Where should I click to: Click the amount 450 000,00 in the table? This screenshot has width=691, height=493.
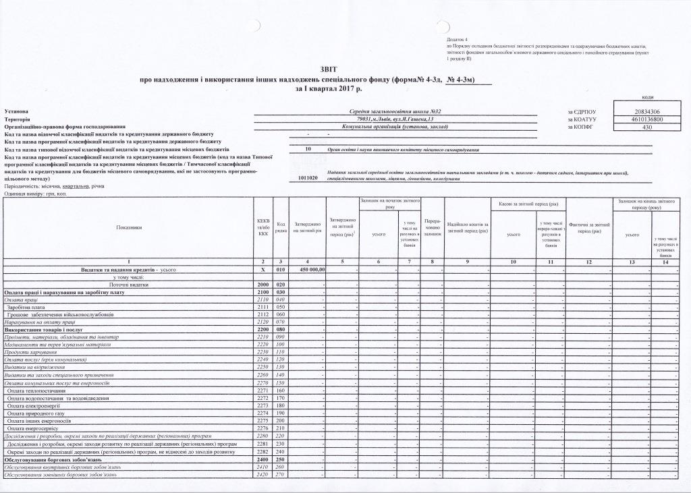pyautogui.click(x=308, y=269)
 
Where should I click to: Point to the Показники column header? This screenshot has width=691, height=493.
pyautogui.click(x=129, y=227)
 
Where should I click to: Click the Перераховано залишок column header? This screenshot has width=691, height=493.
pyautogui.click(x=433, y=227)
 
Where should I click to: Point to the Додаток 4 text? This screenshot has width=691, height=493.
pyautogui.click(x=457, y=40)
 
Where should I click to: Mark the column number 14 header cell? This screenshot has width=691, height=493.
pyautogui.click(x=665, y=261)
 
